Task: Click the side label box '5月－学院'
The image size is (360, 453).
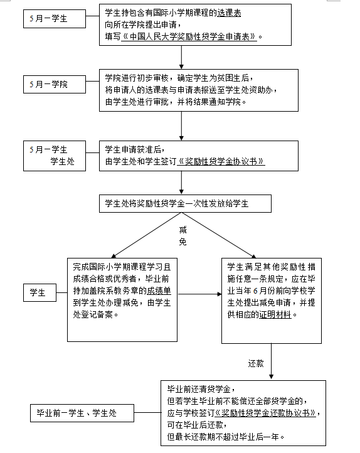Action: point(55,84)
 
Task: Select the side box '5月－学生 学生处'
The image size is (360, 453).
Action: point(55,156)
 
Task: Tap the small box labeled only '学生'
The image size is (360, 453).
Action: point(40,292)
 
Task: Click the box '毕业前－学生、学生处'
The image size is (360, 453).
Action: point(82,413)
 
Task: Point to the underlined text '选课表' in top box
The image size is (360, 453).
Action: point(229,13)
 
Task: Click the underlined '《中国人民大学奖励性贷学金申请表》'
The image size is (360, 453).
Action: point(189,36)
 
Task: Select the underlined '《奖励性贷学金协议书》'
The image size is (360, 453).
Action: point(221,161)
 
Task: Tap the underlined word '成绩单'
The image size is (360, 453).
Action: point(159,291)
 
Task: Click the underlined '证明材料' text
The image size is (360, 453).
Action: point(275,314)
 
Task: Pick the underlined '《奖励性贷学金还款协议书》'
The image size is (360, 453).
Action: point(265,413)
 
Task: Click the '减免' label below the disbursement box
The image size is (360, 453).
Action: point(183,236)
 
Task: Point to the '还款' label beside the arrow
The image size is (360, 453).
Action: point(256,363)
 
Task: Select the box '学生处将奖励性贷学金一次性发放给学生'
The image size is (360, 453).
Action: point(186,204)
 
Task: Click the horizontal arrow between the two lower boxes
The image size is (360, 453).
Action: point(200,294)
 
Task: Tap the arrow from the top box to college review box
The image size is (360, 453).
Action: point(181,57)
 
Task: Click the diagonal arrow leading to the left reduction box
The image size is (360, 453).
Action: point(146,235)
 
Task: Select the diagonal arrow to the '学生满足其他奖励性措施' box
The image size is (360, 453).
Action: point(219,235)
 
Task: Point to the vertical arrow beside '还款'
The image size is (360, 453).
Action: point(271,361)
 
